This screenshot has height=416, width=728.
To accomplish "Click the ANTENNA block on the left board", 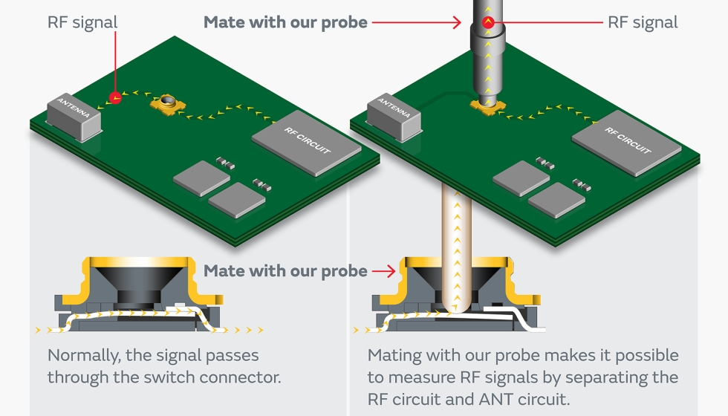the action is [x=74, y=117].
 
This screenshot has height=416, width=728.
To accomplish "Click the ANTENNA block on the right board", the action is [x=394, y=117].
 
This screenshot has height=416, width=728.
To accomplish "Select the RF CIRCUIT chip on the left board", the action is [x=306, y=143].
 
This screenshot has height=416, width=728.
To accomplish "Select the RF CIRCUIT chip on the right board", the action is [x=627, y=143].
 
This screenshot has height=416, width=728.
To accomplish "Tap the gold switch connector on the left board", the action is [x=168, y=104].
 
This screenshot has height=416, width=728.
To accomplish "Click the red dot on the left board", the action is [x=115, y=98].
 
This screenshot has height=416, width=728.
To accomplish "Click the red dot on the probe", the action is [x=488, y=22].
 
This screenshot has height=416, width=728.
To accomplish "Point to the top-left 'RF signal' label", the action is [x=82, y=22].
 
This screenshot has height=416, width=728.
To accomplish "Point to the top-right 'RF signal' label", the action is [x=643, y=22].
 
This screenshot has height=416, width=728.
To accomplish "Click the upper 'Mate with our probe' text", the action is [x=285, y=22].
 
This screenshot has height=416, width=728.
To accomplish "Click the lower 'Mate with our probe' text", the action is [x=285, y=270].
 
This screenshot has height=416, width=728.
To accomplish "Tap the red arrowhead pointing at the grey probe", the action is [x=457, y=22].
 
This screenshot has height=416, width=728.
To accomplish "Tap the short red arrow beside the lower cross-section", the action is [x=384, y=270].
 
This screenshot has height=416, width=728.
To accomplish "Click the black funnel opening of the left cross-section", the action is [x=138, y=286].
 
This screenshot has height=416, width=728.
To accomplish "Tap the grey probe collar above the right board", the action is [x=487, y=37].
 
